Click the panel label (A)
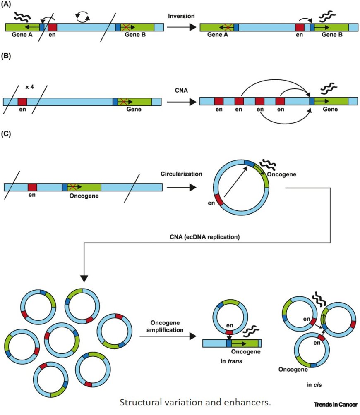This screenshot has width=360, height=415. tap(8, 6)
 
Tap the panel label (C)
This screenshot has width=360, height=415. tap(8, 135)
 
